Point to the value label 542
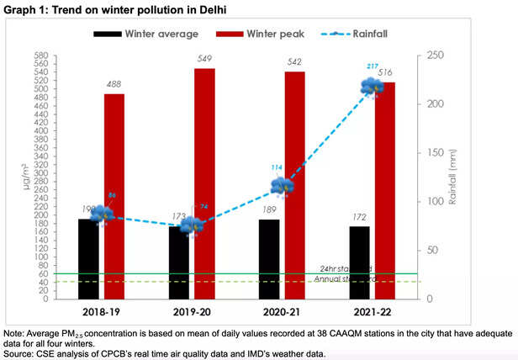(x=294, y=62)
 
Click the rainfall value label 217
(x=372, y=66)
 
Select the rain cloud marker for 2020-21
(x=283, y=186)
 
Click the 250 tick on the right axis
(x=434, y=55)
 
